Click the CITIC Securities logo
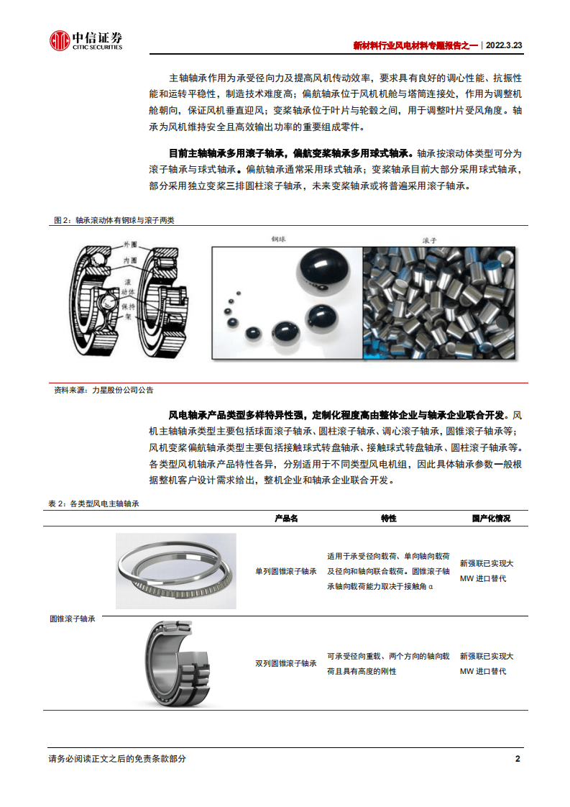[86, 41]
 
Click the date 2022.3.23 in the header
[504, 45]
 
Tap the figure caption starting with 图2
[114, 220]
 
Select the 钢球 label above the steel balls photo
[279, 238]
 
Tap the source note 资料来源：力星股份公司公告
[104, 389]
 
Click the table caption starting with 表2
[93, 504]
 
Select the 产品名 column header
[286, 518]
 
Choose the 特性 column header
[388, 518]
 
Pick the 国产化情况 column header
[491, 518]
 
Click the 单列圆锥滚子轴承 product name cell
[286, 572]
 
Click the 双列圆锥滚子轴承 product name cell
[286, 663]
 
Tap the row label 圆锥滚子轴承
[73, 619]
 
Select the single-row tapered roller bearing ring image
[175, 571]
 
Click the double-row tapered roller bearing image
[175, 662]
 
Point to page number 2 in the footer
[518, 759]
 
